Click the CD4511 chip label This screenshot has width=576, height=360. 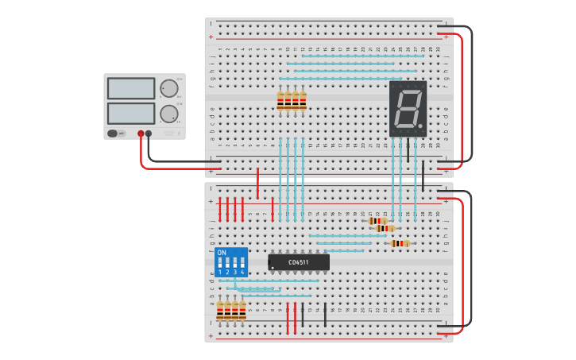pos(299,261)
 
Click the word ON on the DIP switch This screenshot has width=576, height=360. pos(222,252)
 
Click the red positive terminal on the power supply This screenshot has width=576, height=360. pos(141,134)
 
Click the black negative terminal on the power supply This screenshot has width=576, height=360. pos(149,134)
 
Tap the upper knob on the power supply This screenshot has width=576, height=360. pos(168,88)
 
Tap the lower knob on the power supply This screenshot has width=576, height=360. pos(168,114)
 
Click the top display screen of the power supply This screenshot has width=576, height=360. pos(131,88)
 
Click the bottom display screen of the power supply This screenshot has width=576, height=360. pos(131,113)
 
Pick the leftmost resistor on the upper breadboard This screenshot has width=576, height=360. pos(280,101)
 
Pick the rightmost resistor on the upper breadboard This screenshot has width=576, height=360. pos(303,101)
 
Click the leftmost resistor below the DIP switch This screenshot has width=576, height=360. pos(220,309)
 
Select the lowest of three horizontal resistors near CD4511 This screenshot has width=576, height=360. pos(400,243)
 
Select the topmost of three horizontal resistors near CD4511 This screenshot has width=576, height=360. pos(377,221)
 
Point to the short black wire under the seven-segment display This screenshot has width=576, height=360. pos(408,150)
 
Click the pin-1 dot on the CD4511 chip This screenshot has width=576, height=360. pos(273,268)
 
